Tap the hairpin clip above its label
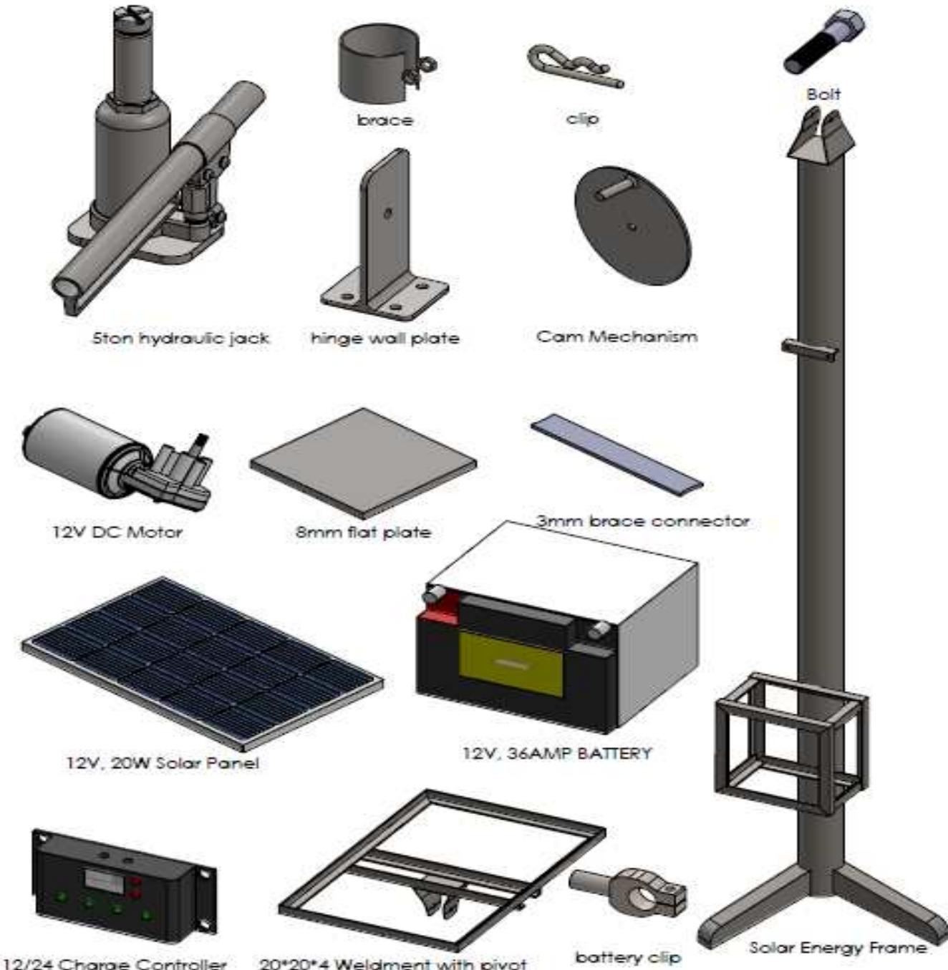point(573,68)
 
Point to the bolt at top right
point(823,43)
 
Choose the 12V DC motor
point(107,458)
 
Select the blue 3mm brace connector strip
point(616,451)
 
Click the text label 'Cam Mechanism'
point(616,336)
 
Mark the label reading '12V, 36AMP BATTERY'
point(557,753)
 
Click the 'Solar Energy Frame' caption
point(837,948)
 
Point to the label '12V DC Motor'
point(117,532)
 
